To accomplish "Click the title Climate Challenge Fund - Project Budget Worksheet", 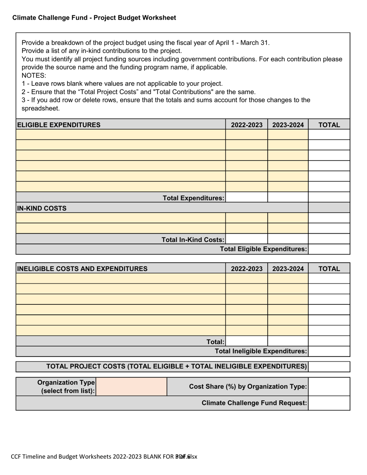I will pos(94,18).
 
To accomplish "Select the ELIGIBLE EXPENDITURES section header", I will pos(59,125).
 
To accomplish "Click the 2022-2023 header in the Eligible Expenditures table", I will pos(246,125).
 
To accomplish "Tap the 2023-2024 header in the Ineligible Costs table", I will pos(288,269).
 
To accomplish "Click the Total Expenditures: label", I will pos(193,198).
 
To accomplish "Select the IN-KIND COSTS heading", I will pos(42,209).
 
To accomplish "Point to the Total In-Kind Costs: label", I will pos(192,240).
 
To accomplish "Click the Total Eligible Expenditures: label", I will pos(263,249).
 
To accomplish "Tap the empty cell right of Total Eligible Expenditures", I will pos(329,249).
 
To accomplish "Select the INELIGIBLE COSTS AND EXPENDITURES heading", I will pos(82,269).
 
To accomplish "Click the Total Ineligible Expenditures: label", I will pos(261,351).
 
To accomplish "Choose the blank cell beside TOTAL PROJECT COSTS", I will pos(329,366).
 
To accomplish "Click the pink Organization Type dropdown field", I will pos(131,387).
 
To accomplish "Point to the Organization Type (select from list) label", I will pos(66,387).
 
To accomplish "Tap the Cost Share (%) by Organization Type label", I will pos(248,387).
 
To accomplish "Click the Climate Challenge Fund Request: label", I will pos(254,403).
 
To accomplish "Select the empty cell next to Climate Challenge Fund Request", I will pos(329,403).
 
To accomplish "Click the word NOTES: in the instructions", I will pos(34,75).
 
